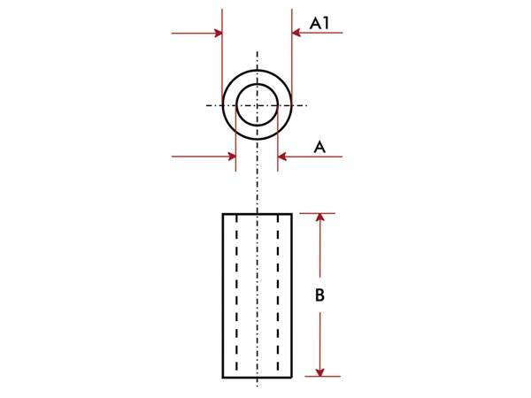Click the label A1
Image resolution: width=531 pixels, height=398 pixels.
(319, 23)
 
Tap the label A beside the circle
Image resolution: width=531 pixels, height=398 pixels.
(320, 148)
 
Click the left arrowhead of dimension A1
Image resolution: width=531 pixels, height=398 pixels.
(216, 34)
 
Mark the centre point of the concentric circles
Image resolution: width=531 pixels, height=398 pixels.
(257, 105)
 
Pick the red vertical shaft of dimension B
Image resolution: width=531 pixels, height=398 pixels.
(320, 265)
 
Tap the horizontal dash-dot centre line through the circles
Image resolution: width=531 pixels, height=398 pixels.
(212, 105)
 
